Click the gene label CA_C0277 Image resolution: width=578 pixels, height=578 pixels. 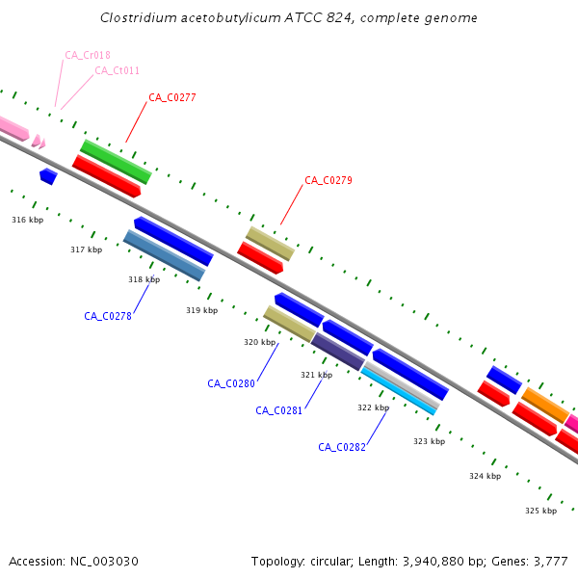point(172,97)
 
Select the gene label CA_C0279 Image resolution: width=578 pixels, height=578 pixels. point(328,180)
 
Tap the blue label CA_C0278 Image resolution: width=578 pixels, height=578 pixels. point(108,316)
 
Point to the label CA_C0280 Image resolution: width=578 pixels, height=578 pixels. point(231,383)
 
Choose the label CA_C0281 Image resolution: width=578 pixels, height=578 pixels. point(279,410)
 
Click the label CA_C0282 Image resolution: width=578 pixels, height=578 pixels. point(342,447)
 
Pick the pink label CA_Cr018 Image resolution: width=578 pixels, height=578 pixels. point(87,56)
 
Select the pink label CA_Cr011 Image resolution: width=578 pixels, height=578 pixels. point(117,70)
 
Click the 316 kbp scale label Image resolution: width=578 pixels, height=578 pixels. point(27,220)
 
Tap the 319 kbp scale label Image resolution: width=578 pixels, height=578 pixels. point(201,310)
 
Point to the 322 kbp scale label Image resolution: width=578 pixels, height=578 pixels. point(373,407)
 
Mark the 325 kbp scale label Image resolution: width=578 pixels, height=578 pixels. point(540,511)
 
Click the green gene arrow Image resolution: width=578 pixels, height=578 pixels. point(116,162)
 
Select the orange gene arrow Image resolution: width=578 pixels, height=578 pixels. point(545,406)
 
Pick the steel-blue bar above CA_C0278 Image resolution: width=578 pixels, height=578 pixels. point(164,256)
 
